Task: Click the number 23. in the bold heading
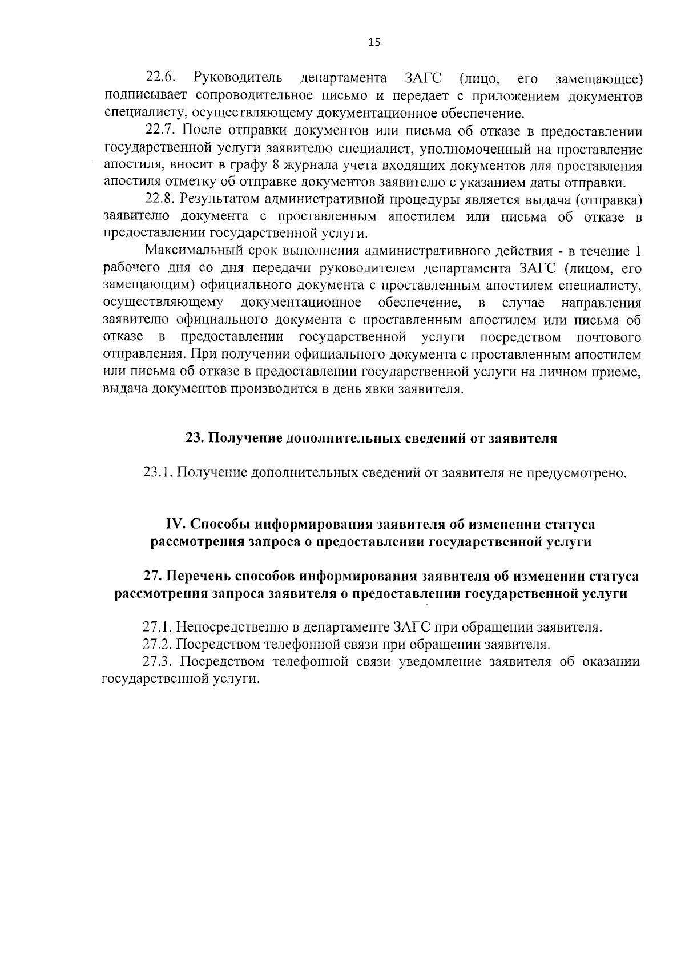tap(194, 438)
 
